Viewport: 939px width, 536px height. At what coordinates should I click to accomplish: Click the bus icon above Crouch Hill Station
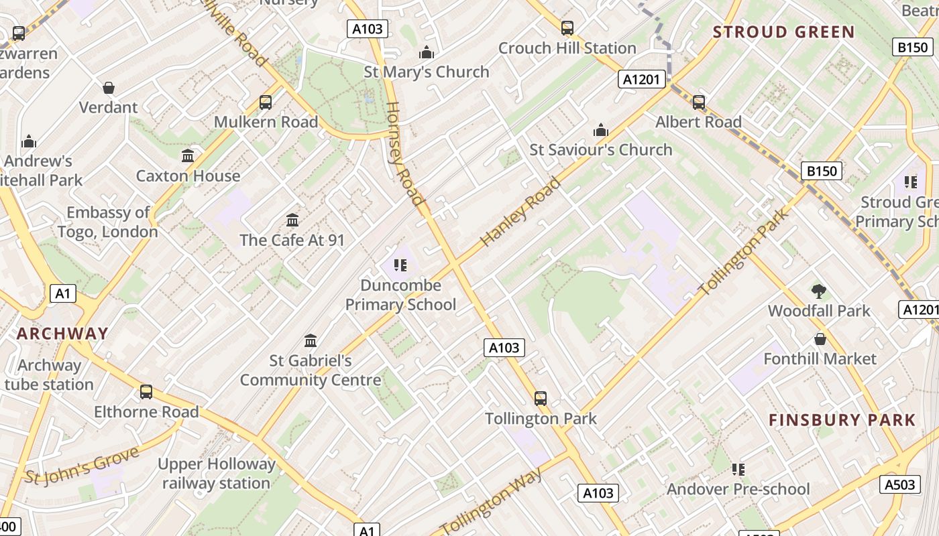[567, 28]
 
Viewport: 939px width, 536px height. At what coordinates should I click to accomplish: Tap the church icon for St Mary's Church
[427, 52]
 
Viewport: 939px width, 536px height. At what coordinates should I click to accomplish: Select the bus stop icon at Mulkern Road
[266, 103]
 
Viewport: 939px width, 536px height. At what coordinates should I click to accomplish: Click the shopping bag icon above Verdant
[109, 88]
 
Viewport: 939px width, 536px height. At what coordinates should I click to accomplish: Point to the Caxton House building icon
[188, 156]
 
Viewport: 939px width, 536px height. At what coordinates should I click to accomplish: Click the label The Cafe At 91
[292, 240]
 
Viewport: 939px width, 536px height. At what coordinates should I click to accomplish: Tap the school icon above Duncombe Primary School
[400, 265]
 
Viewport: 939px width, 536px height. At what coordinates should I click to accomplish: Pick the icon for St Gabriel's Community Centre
[311, 341]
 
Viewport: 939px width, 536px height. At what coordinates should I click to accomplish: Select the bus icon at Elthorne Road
[146, 392]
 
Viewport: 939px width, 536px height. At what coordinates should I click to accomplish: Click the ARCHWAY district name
[62, 334]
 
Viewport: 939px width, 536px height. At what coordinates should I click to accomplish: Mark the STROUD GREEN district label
[783, 32]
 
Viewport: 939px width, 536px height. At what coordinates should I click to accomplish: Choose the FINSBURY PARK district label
[842, 420]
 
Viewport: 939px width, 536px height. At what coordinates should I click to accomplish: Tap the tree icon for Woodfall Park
[818, 291]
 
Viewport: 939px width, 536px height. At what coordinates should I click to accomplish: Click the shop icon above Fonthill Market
[820, 339]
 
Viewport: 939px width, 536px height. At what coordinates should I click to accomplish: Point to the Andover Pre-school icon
[738, 470]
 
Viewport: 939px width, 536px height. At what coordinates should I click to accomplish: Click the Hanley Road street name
[520, 212]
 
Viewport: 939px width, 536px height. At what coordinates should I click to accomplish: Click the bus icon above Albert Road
[699, 103]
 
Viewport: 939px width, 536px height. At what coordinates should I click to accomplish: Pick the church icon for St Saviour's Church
[601, 130]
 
